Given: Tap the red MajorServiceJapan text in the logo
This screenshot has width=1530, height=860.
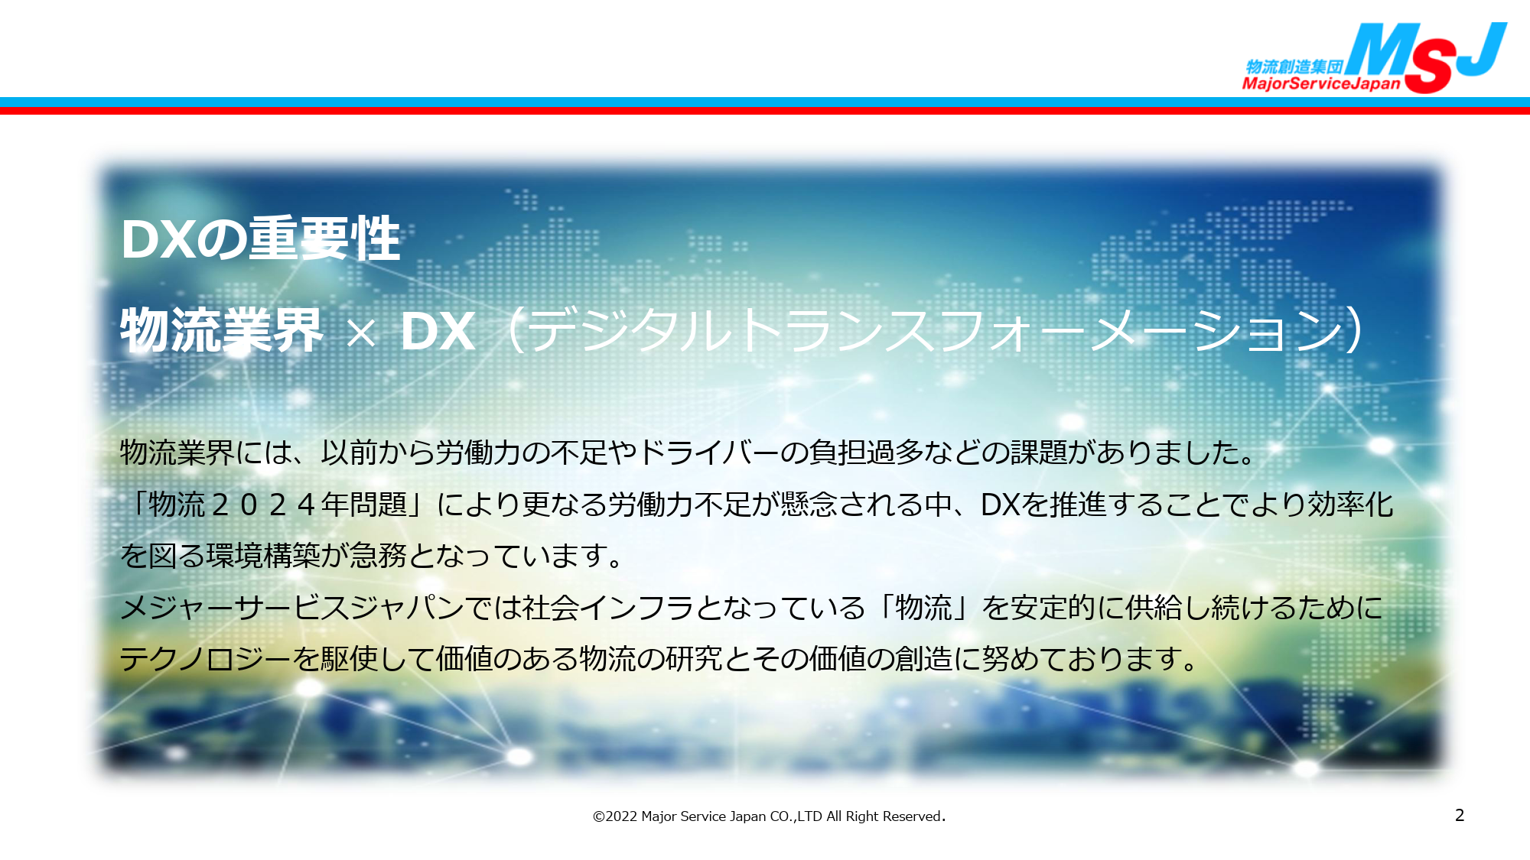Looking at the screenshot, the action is [1321, 83].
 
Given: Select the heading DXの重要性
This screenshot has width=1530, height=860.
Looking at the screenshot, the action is [261, 239].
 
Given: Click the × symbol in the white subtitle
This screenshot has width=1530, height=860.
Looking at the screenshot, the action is [361, 333].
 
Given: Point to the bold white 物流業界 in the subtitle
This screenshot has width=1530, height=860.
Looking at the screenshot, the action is [222, 330].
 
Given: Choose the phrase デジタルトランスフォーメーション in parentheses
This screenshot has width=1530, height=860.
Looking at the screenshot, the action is [935, 331].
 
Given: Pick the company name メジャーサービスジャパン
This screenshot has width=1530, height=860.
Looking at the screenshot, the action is [292, 608].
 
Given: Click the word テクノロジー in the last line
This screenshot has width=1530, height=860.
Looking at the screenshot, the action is [206, 659].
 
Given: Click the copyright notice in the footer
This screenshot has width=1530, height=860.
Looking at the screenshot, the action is [769, 816].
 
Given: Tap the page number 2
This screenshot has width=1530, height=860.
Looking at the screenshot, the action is [1460, 816].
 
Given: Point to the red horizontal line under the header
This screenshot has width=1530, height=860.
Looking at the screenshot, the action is [765, 111].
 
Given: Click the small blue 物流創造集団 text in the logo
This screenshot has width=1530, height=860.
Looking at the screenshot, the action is [1294, 67].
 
